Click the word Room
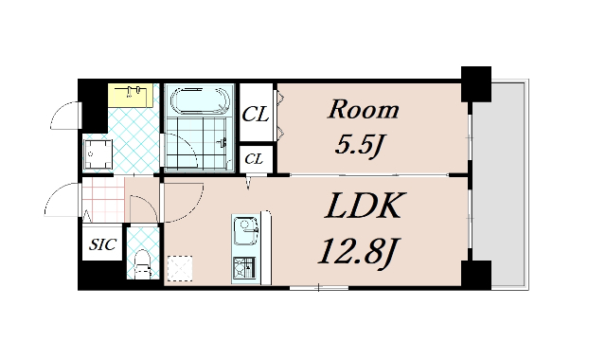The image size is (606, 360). click(364, 110)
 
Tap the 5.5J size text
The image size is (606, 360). click(359, 146)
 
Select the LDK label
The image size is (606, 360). click(365, 206)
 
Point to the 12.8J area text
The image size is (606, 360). click(358, 251)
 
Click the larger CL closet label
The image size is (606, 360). click(255, 114)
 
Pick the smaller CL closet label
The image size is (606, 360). click(254, 158)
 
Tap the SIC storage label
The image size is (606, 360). click(103, 244)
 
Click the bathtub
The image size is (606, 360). click(200, 101)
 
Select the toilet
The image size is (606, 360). click(143, 263)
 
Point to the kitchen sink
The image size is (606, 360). click(246, 230)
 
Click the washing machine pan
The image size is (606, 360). click(98, 154)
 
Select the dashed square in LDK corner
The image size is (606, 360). click(180, 268)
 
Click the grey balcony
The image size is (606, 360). click(500, 185)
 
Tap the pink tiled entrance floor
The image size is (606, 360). click(103, 200)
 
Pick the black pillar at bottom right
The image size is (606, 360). click(476, 275)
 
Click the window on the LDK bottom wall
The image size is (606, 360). click(319, 288)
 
